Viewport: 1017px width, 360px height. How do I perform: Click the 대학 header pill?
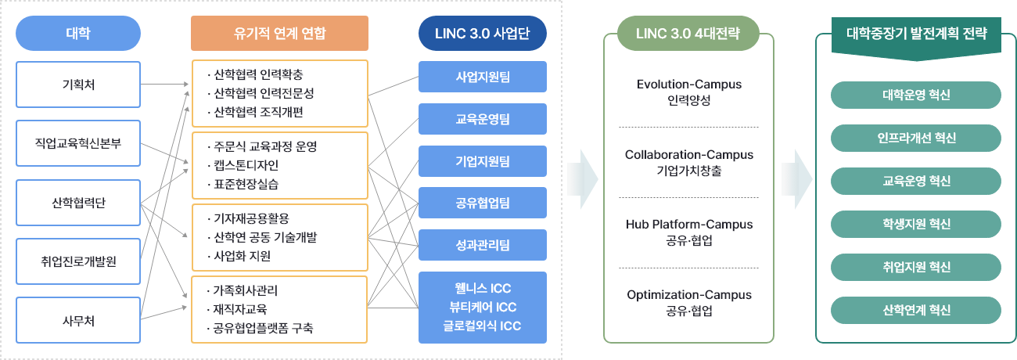pos(77,34)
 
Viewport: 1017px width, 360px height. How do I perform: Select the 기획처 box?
pos(77,85)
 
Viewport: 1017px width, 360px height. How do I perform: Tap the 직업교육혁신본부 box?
pos(77,143)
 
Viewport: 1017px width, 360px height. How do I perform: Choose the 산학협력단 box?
pos(77,202)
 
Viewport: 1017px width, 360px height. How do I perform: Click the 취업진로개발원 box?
pos(77,261)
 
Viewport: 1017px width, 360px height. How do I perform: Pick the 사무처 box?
pos(77,319)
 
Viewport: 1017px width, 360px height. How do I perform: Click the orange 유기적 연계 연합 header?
pos(279,34)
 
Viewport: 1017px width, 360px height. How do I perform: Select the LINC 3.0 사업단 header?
pos(482,34)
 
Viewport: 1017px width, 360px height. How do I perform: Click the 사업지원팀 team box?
pos(482,77)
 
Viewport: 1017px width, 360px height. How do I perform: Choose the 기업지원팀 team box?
pos(482,161)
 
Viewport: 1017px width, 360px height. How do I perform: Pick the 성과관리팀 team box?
pos(482,245)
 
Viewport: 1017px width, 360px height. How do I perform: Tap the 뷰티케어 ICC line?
pos(482,307)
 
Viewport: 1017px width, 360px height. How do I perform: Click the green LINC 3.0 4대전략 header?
pos(688,34)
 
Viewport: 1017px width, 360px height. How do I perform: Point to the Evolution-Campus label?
pos(688,85)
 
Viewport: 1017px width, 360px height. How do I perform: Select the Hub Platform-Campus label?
pos(688,225)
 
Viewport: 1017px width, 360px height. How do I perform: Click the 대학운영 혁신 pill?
pos(915,95)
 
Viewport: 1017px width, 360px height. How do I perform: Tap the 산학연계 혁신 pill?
pos(915,310)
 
